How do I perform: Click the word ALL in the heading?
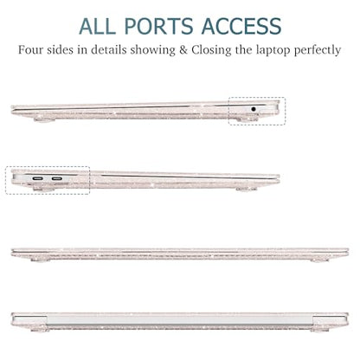point(96,26)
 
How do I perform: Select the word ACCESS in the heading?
point(241,26)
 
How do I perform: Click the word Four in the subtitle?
point(30,49)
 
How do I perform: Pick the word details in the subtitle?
point(109,49)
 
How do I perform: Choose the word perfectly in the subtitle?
point(318,51)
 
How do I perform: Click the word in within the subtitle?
point(82,49)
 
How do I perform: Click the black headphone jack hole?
point(254,109)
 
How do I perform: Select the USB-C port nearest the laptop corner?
point(38,179)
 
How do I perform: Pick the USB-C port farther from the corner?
point(57,179)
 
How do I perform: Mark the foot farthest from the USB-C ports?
point(246,189)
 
